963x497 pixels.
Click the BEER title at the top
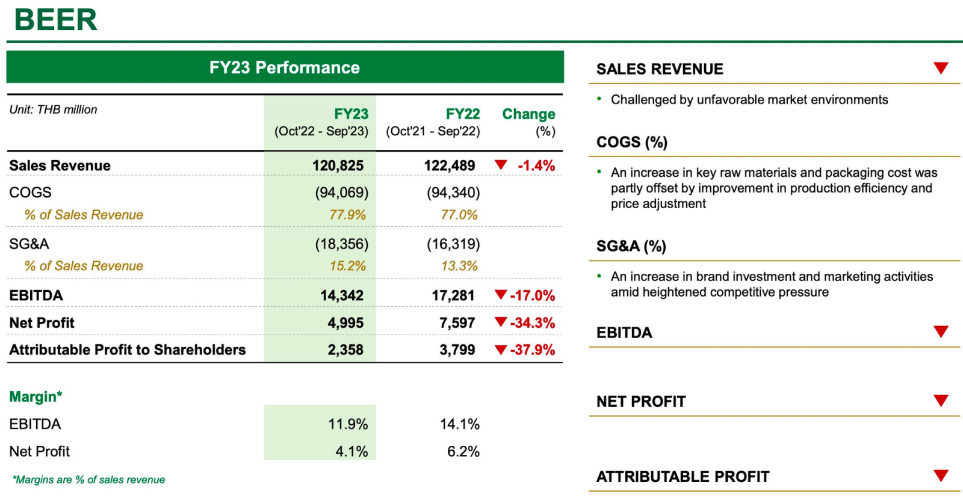point(55,20)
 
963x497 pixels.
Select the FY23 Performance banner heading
point(285,67)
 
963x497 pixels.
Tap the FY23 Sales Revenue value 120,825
point(338,165)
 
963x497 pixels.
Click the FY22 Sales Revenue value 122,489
point(450,165)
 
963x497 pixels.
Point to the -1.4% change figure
point(536,165)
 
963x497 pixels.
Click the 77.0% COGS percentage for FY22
point(459,215)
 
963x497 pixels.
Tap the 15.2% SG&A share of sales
point(348,266)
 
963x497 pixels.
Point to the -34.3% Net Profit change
point(533,323)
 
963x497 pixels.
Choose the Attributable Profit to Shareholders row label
point(128,350)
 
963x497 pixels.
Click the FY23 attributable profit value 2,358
point(345,350)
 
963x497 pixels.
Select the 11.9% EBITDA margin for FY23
point(348,424)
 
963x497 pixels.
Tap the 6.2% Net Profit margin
point(463,451)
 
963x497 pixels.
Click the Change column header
point(528,114)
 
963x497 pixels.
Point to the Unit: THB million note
point(54,110)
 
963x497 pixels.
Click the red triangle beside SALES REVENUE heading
point(941,68)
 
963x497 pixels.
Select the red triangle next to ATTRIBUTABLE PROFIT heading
point(941,476)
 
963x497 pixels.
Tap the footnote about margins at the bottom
point(88,480)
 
